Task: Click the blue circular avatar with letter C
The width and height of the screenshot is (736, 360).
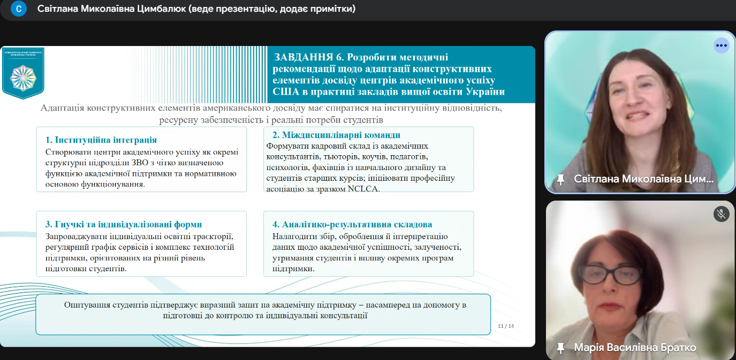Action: pyautogui.click(x=19, y=9)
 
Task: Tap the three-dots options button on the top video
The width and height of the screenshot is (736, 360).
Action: pyautogui.click(x=722, y=45)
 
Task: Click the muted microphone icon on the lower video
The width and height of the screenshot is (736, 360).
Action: pyautogui.click(x=722, y=214)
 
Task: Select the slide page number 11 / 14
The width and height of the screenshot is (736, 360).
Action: pyautogui.click(x=506, y=326)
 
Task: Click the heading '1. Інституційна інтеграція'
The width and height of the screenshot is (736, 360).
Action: pyautogui.click(x=101, y=140)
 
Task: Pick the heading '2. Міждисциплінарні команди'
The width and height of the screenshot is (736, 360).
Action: pyautogui.click(x=336, y=135)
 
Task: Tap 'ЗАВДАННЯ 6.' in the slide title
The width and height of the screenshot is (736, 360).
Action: pyautogui.click(x=308, y=57)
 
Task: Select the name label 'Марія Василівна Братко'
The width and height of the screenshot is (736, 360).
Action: pyautogui.click(x=635, y=348)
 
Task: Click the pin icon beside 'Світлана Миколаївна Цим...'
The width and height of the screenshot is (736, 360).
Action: pyautogui.click(x=561, y=179)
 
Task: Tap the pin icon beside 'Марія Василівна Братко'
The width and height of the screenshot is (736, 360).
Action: pyautogui.click(x=561, y=348)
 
